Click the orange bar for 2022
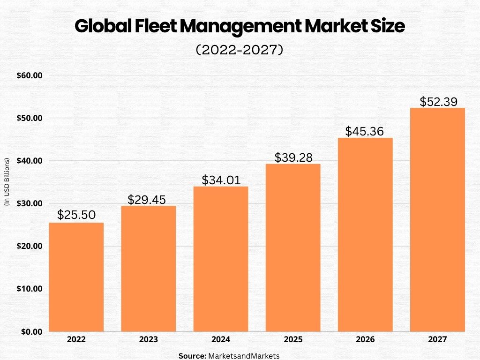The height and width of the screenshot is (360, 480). (76, 277)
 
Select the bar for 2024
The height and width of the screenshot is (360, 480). (221, 259)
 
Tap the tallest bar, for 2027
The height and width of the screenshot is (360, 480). (437, 219)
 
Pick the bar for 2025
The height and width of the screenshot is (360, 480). (293, 247)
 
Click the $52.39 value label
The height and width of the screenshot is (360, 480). (438, 102)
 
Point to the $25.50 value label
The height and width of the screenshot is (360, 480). (76, 215)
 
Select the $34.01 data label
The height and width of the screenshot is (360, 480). (221, 180)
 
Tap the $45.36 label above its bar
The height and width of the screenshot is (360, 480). (365, 131)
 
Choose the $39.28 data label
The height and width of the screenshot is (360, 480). (293, 157)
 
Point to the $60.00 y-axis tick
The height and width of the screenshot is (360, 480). (30, 75)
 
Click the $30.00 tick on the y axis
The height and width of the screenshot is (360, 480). (30, 203)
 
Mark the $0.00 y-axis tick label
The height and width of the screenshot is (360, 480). (31, 331)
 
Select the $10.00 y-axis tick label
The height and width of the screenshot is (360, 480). (30, 289)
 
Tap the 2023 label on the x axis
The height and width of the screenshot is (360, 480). (149, 339)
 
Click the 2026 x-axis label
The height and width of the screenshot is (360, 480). (365, 339)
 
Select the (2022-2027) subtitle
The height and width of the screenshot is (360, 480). (240, 50)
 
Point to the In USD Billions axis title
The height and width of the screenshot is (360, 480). (7, 181)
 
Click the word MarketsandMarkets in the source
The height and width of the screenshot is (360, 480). (244, 356)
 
